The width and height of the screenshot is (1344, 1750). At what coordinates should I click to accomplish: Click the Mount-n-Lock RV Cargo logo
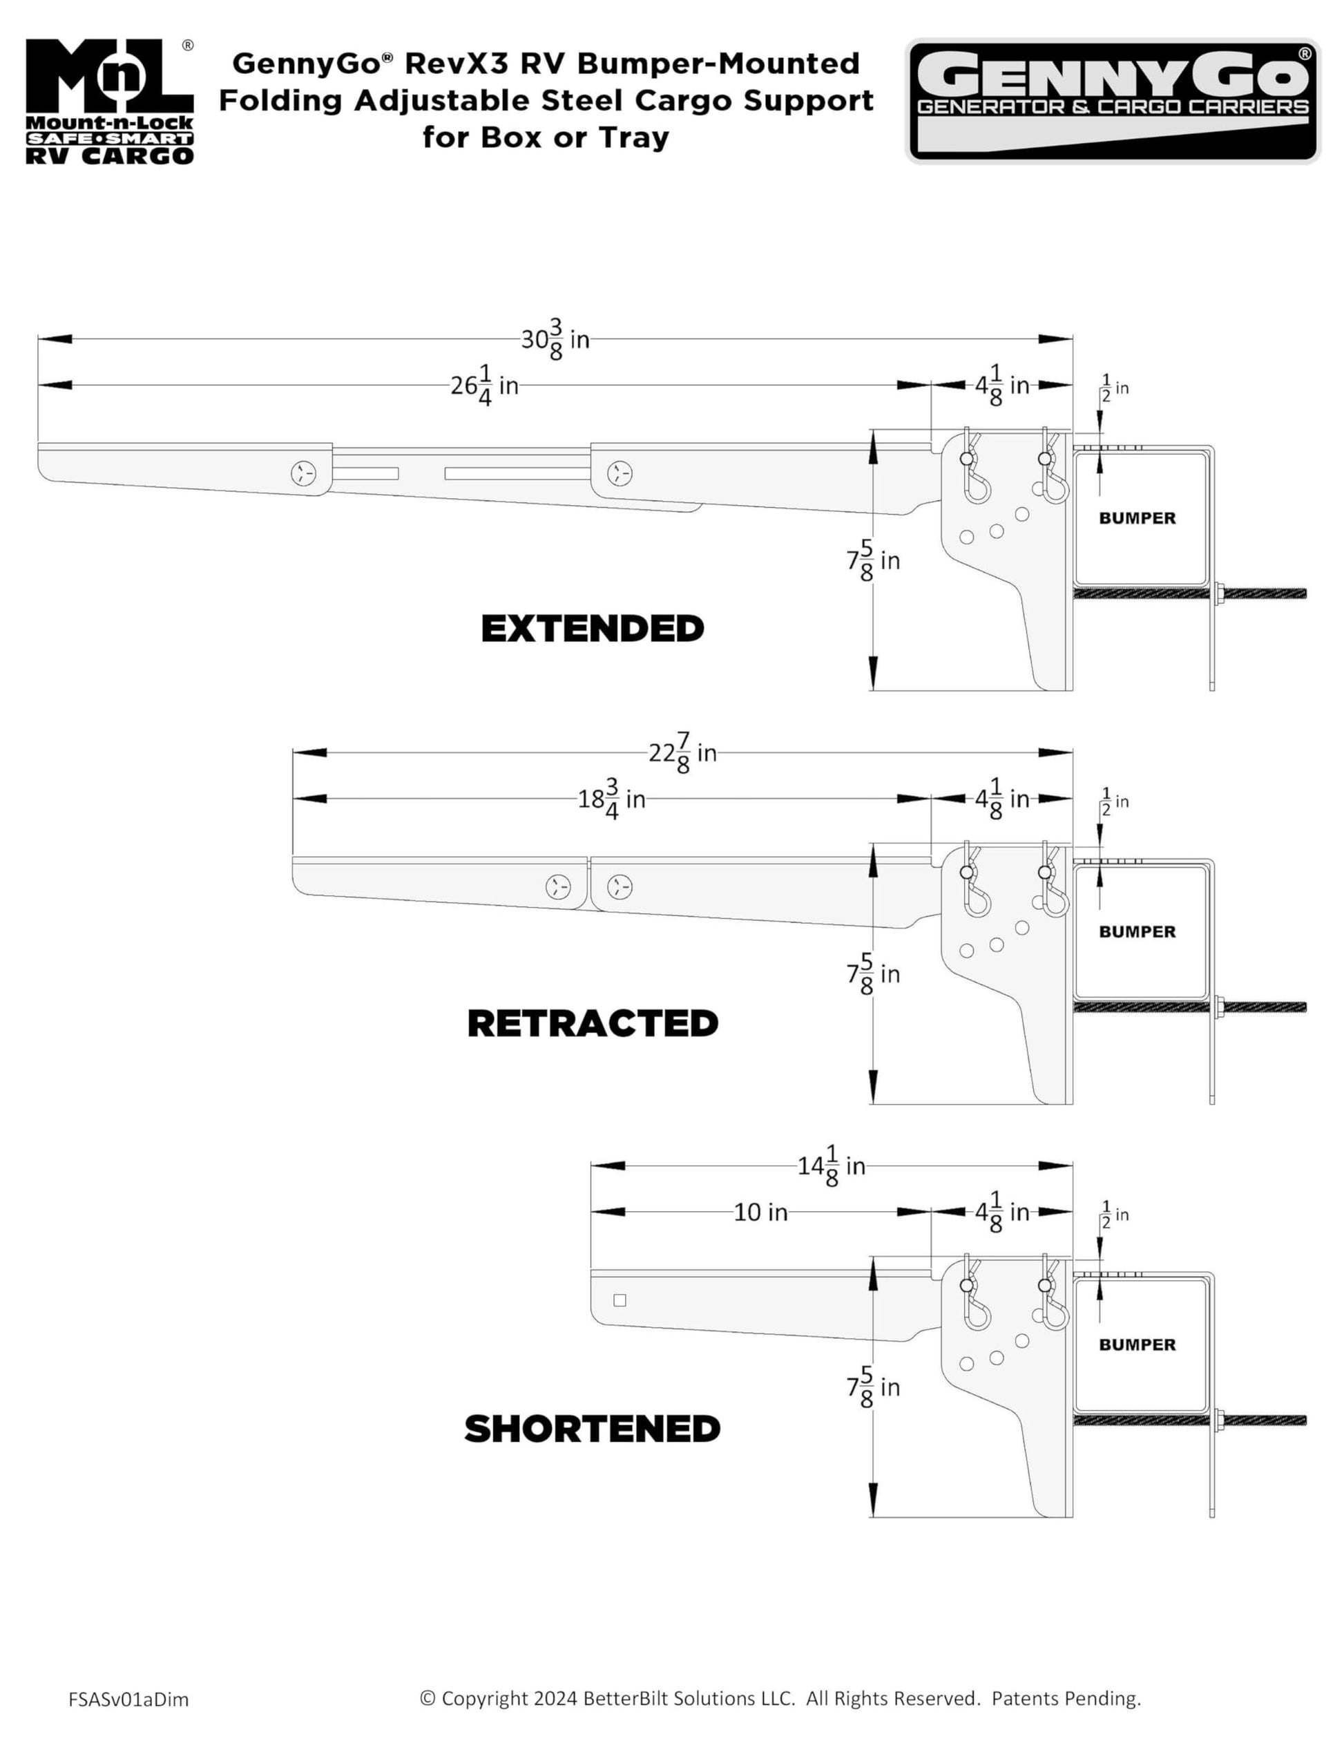pyautogui.click(x=110, y=102)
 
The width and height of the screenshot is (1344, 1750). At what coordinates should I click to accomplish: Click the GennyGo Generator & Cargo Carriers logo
pyautogui.click(x=1112, y=101)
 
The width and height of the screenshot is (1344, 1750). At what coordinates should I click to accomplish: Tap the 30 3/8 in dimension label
pyautogui.click(x=555, y=339)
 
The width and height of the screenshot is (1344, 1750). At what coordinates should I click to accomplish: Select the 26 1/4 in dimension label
pyautogui.click(x=484, y=386)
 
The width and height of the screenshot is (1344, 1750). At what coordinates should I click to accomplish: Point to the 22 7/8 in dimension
pyautogui.click(x=682, y=753)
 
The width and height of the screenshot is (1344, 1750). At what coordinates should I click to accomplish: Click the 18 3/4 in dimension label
pyautogui.click(x=611, y=799)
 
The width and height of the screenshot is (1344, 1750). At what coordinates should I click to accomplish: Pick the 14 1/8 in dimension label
pyautogui.click(x=832, y=1167)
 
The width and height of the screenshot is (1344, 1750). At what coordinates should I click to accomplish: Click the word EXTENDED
pyautogui.click(x=592, y=629)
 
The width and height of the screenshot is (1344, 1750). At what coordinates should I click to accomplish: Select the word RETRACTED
pyautogui.click(x=593, y=1023)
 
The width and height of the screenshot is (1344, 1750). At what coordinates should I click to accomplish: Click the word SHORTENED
pyautogui.click(x=592, y=1429)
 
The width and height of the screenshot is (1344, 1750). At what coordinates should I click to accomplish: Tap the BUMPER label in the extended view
pyautogui.click(x=1137, y=519)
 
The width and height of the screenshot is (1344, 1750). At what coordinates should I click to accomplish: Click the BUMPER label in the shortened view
pyautogui.click(x=1137, y=1345)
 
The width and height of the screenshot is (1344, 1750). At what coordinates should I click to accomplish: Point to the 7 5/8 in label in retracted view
pyautogui.click(x=874, y=975)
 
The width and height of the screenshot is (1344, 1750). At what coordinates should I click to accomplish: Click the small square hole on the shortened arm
pyautogui.click(x=620, y=1300)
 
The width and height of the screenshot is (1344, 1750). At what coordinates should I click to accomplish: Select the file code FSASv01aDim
pyautogui.click(x=128, y=1700)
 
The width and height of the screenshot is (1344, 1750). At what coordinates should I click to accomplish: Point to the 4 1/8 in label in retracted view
pyautogui.click(x=1001, y=799)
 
